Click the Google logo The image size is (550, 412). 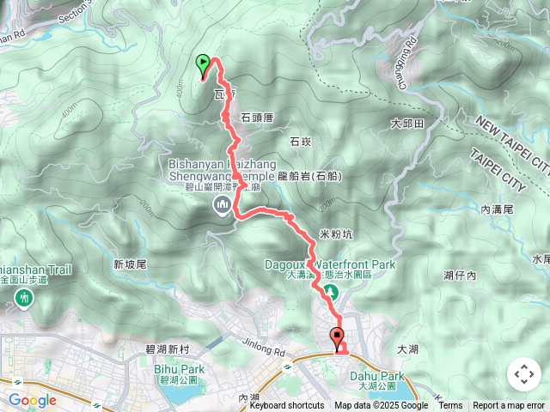click(x=33, y=400)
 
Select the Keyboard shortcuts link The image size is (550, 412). click(x=287, y=406)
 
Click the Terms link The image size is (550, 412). click(x=450, y=406)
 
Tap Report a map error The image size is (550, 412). click(x=510, y=406)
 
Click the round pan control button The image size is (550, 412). click(x=522, y=374)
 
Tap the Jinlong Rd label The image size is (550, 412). click(x=263, y=351)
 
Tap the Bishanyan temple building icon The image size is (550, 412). click(x=223, y=204)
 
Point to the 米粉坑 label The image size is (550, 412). click(x=336, y=233)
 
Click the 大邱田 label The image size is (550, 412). click(x=407, y=124)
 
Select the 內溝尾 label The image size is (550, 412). click(x=497, y=209)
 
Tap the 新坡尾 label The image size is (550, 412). click(x=130, y=264)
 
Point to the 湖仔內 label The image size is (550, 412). click(x=459, y=275)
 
